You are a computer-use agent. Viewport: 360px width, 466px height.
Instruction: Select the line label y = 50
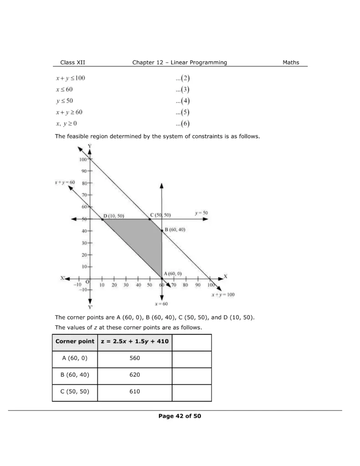coord(202,213)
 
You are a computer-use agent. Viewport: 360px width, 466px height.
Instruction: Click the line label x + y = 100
coord(223,294)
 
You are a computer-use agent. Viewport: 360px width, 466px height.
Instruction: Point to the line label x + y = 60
coord(65,182)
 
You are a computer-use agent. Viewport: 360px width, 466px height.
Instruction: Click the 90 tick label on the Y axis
coord(83,171)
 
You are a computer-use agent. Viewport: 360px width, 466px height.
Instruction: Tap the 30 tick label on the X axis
coord(126,285)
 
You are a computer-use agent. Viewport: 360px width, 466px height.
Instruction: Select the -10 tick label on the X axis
coord(77,285)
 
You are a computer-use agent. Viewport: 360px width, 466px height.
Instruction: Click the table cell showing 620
coord(134,375)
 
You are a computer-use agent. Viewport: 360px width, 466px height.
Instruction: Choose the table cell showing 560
coord(134,358)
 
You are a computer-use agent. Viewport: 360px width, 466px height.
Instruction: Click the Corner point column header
coord(75,341)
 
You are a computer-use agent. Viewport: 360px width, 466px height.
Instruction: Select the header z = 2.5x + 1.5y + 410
coord(134,341)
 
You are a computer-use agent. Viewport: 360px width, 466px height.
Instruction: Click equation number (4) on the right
coord(183,101)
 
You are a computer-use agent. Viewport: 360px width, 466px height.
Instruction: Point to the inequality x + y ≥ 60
coord(69,112)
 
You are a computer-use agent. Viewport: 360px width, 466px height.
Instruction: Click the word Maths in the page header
coord(291,62)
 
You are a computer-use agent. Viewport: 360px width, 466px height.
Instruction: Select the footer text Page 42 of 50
coord(179,415)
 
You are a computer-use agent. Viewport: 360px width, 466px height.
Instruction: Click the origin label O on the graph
coord(87,283)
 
